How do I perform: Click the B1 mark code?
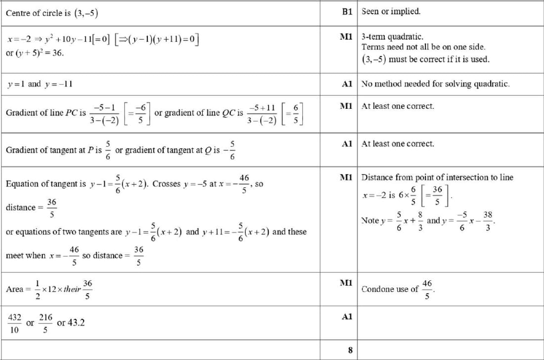click(347, 11)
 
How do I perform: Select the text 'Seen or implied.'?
click(391, 11)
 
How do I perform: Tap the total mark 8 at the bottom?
click(350, 350)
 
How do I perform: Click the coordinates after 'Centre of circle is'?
click(86, 13)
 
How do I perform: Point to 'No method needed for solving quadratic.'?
click(436, 84)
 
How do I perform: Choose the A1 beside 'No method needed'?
click(347, 84)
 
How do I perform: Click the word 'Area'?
click(14, 289)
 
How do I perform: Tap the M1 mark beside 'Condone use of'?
click(346, 283)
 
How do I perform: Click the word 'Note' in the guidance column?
click(370, 221)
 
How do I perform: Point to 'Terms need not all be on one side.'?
click(423, 47)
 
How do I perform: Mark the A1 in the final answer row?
click(347, 317)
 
